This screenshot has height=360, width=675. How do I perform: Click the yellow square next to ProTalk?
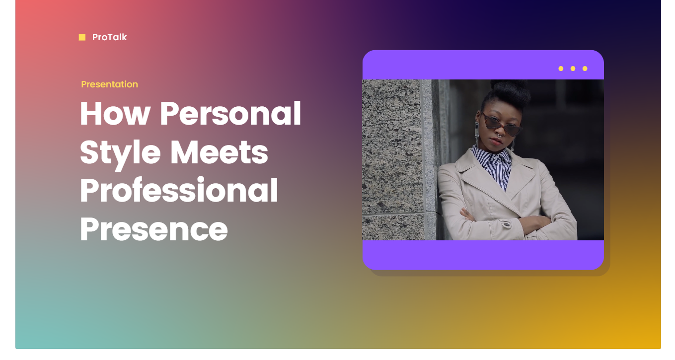82,37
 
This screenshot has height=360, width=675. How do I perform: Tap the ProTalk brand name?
109,37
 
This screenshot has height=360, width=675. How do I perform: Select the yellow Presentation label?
109,84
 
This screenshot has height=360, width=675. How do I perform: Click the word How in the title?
115,114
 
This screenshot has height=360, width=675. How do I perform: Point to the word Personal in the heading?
230,113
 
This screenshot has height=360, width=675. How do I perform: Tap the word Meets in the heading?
219,152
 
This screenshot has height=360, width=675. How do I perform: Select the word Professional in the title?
179,190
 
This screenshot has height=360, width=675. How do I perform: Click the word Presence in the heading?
153,229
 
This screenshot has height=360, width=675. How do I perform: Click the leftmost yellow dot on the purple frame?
561,69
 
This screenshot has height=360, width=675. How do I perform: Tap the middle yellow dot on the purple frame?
573,69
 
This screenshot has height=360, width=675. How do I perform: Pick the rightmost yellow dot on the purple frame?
585,69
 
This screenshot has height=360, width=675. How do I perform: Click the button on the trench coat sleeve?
506,224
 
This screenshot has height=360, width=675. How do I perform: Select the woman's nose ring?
499,136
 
